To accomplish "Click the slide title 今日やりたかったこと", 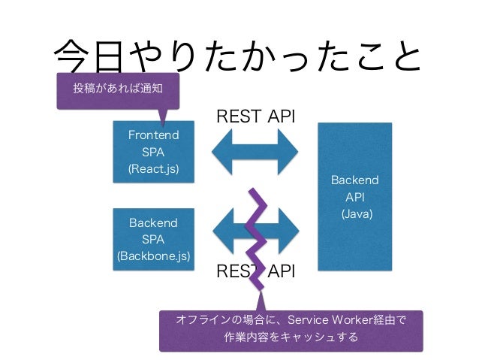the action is coord(238,57).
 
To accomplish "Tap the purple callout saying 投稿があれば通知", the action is coord(118,91).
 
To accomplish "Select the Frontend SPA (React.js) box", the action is coord(154,152).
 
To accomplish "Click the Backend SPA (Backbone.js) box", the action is coord(154,240).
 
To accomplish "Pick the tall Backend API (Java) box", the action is coord(355,197).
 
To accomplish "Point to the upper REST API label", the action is coord(256,116).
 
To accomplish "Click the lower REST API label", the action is coord(256,271).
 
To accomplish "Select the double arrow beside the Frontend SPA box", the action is coord(255,152).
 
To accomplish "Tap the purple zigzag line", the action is coord(256,239).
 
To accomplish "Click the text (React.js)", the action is coord(153,169).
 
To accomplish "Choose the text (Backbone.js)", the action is coord(153,256).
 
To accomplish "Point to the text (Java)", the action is coord(357,213).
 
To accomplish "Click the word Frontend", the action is coord(153,135).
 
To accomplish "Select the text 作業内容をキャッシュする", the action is coord(291,337).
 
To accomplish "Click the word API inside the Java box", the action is coord(355,197).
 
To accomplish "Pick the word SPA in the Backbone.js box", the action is coord(153,240).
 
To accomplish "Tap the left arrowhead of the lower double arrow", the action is coord(223,231).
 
